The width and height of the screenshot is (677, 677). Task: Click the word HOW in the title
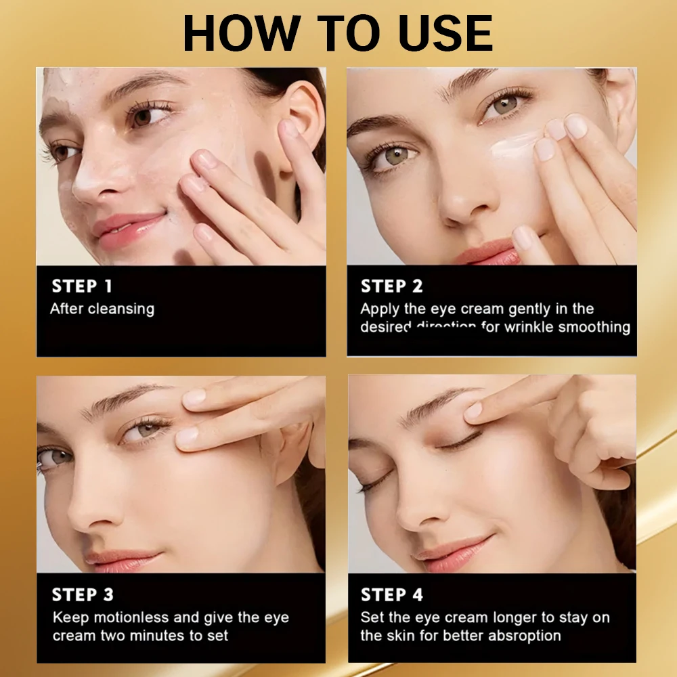pyautogui.click(x=238, y=32)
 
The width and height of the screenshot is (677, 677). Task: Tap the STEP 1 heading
pyautogui.click(x=82, y=286)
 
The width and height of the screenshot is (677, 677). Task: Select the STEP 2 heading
pyautogui.click(x=391, y=286)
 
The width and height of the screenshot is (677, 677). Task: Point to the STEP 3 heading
pyautogui.click(x=83, y=595)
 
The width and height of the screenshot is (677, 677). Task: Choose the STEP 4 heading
pyautogui.click(x=391, y=595)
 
